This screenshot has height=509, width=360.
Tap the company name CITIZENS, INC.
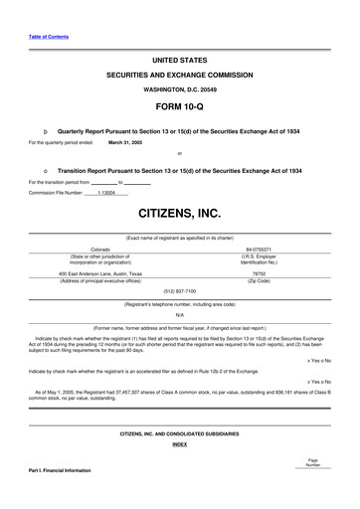click(179, 213)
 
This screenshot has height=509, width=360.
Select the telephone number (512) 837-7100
click(179, 290)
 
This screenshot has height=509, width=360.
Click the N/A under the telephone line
click(179, 314)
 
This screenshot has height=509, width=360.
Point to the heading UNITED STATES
click(179, 61)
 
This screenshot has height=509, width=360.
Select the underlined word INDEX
click(179, 444)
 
